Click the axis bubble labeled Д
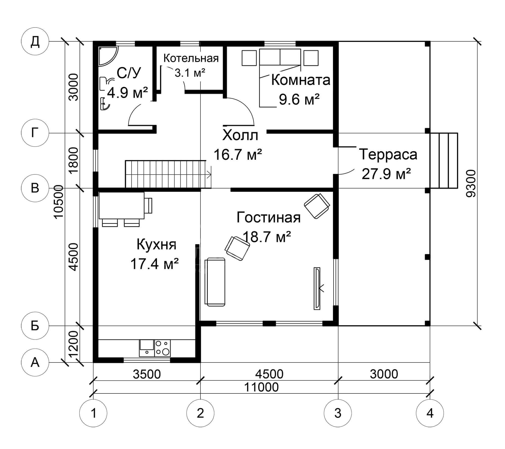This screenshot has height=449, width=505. pyautogui.click(x=35, y=41)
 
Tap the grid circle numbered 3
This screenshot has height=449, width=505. pyautogui.click(x=338, y=413)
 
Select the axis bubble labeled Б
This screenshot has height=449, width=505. pyautogui.click(x=35, y=326)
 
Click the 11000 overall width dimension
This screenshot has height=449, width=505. pyautogui.click(x=261, y=387)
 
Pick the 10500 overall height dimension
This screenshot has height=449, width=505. pyautogui.click(x=59, y=202)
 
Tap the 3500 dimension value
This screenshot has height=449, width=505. pyautogui.click(x=147, y=374)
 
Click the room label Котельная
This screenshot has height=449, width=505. pyautogui.click(x=191, y=58)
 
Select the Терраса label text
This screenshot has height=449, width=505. pyautogui.click(x=388, y=154)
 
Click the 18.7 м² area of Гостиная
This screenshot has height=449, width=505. pyautogui.click(x=267, y=237)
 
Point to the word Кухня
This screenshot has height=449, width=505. pyautogui.click(x=157, y=245)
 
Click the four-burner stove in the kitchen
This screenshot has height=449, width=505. pyautogui.click(x=162, y=348)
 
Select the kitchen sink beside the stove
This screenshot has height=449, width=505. pyautogui.click(x=146, y=348)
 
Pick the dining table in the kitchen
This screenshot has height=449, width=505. pyautogui.click(x=121, y=205)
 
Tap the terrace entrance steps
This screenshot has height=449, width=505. pyautogui.click(x=444, y=161)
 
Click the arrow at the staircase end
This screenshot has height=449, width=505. pyautogui.click(x=209, y=174)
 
